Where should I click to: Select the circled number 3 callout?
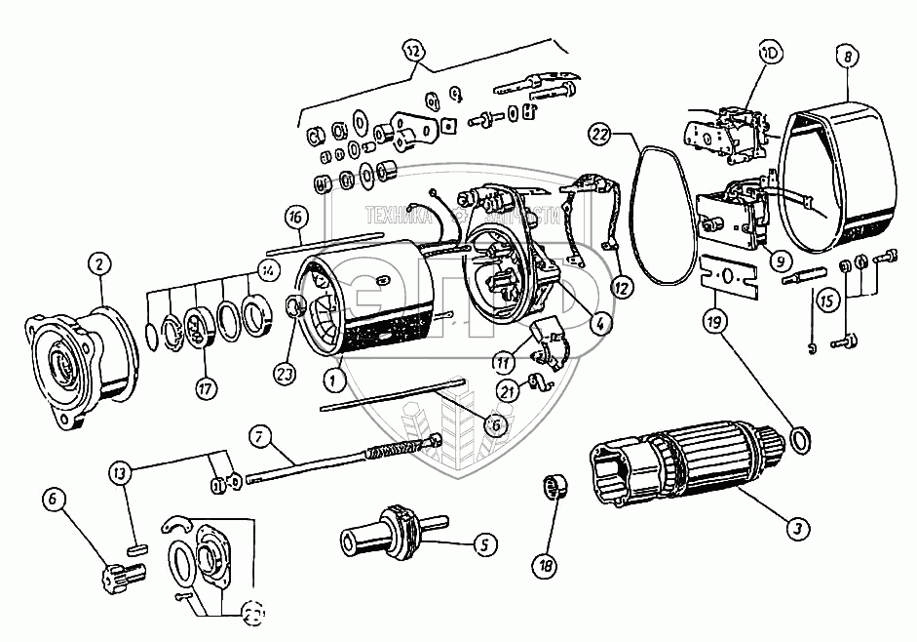(x=797, y=528)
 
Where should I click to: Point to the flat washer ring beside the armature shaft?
(x=797, y=439)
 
